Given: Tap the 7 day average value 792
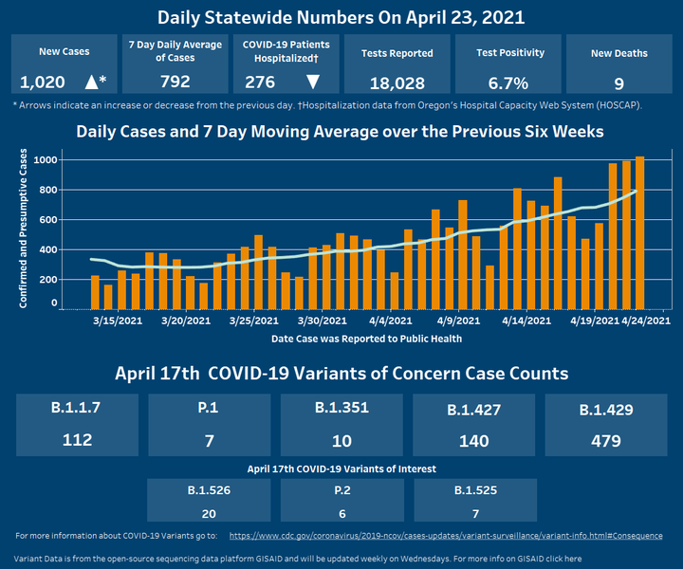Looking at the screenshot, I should pos(175,82).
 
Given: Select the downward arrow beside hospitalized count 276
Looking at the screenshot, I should pos(313,83).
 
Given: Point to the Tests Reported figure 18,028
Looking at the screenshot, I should pos(397,83).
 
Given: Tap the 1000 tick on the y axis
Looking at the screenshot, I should pos(46,159).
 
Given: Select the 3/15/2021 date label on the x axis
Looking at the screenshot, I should pos(117,321).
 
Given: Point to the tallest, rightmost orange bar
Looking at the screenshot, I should pos(640,232).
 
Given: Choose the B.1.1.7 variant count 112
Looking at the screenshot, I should pos(77,440).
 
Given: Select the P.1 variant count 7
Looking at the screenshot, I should pos(210,440).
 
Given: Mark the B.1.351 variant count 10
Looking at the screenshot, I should pos(341,440).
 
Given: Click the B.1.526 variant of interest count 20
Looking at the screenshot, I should pos(209,512).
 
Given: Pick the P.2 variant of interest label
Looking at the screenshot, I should pos(341,490).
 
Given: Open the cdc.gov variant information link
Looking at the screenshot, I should pos(446,536).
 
